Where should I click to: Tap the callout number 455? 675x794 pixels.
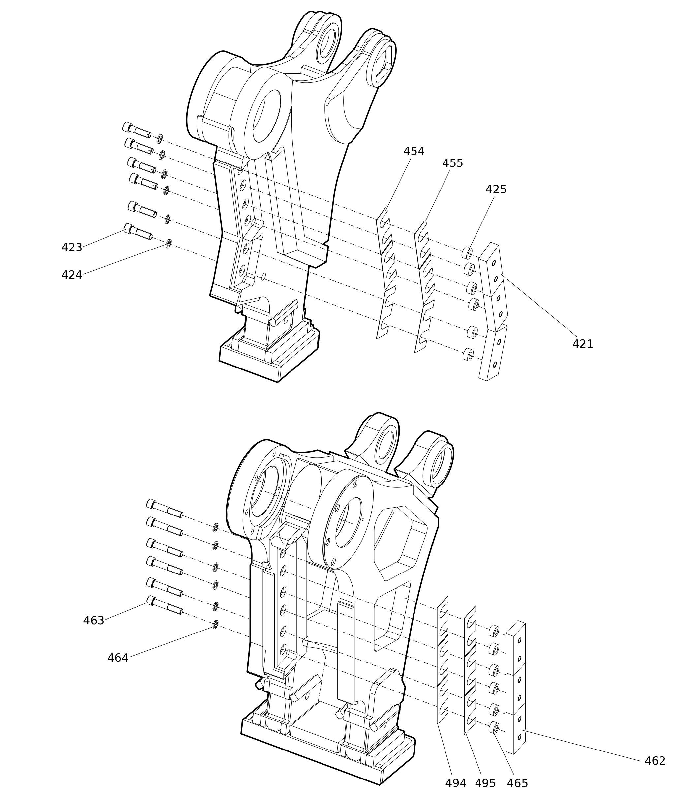[453, 163]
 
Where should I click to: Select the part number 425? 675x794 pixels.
[496, 190]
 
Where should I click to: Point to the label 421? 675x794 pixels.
[583, 344]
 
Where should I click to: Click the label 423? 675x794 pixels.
[72, 248]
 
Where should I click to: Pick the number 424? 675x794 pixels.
[72, 275]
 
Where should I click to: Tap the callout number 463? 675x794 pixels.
[94, 621]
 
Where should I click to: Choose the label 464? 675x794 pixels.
[118, 658]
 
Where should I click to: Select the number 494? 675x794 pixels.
[456, 784]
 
